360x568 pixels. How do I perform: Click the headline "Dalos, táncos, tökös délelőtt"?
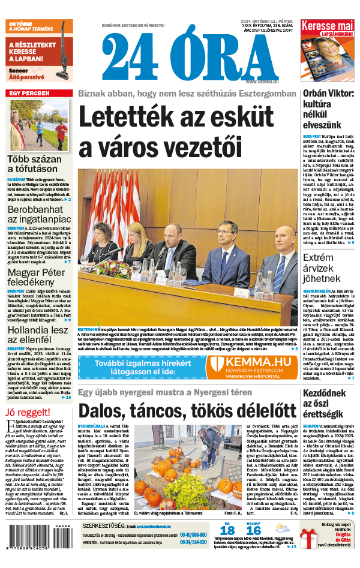(187, 410)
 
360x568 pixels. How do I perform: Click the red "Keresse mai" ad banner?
(327, 27)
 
